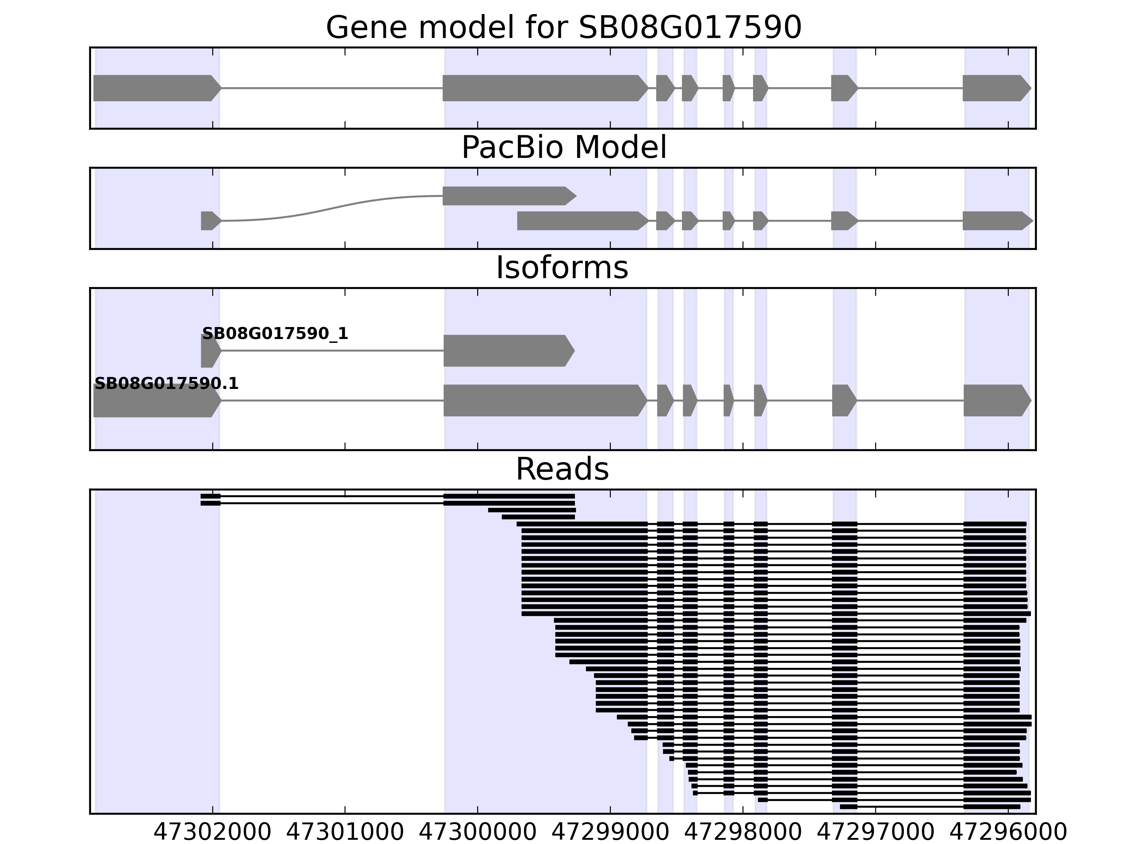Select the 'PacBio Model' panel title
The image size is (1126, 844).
(563, 148)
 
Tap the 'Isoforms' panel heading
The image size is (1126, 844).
(562, 268)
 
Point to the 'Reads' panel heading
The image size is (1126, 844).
(562, 469)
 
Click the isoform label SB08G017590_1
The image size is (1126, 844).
(275, 334)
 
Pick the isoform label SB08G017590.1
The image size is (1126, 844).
(166, 384)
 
